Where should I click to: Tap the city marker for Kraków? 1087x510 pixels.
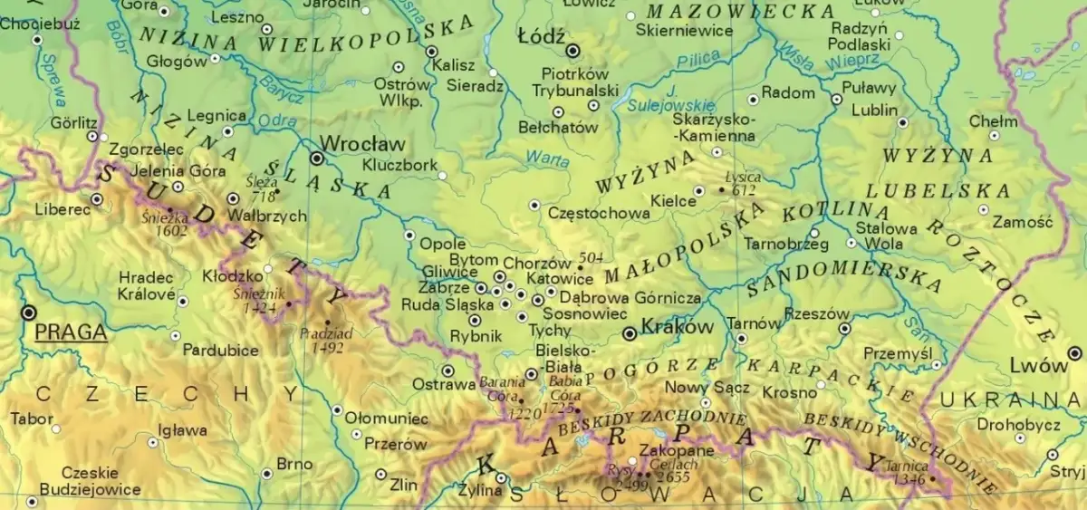point(630,334)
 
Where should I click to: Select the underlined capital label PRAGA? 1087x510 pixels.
point(71,332)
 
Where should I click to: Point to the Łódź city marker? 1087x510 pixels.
point(572,50)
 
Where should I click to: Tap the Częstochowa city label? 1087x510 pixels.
point(599,214)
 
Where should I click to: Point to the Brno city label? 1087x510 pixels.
point(294,464)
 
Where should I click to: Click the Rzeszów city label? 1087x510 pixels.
point(817,314)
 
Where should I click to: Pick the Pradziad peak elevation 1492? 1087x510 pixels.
point(327,346)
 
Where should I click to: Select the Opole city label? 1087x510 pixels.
point(444,244)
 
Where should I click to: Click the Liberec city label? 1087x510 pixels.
point(63,209)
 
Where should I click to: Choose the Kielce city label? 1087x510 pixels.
point(673,200)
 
